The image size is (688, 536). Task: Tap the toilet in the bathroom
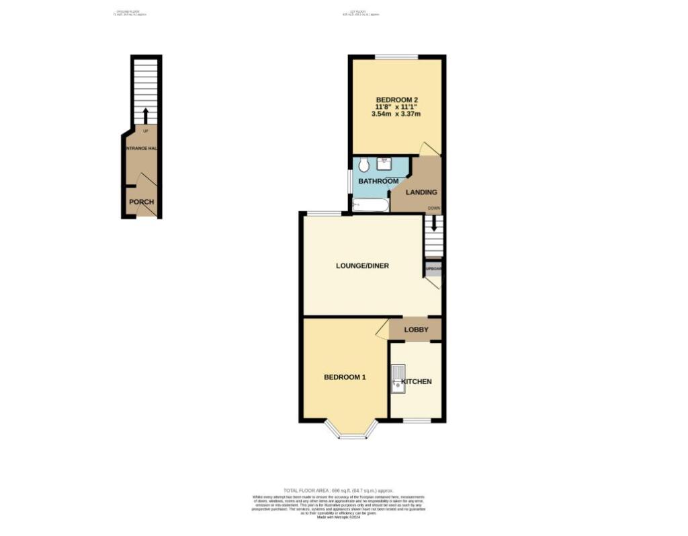coord(363,165)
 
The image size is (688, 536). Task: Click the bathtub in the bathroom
coord(370,204)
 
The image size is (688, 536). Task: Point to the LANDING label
coord(421,192)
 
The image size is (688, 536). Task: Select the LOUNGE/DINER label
coord(362,266)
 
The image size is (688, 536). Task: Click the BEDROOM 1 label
coord(345,377)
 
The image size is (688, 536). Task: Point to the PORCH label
coord(142,202)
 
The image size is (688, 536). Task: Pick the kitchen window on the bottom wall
coord(417,421)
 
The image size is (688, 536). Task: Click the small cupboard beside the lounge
coord(433,269)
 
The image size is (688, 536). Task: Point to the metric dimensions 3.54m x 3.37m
coord(396,114)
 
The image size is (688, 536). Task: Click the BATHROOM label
coord(378,182)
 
